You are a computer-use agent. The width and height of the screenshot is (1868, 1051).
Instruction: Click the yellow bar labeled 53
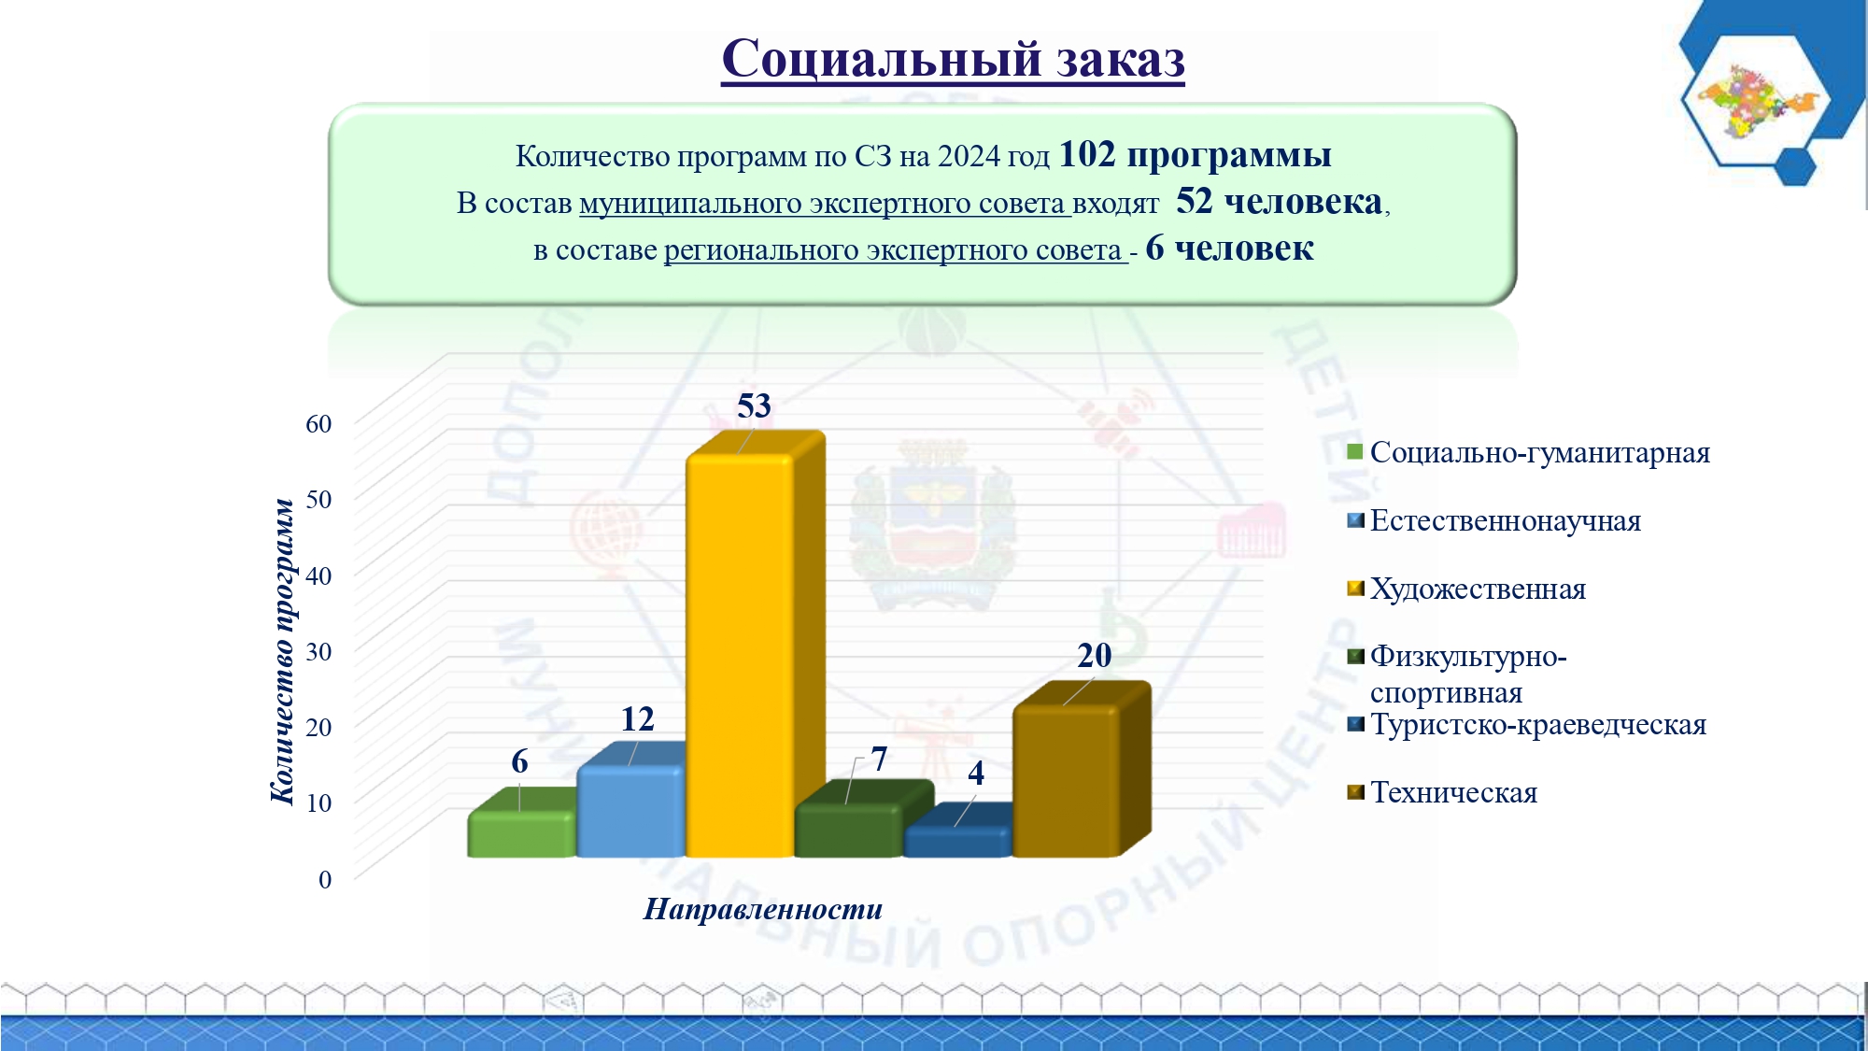(755, 645)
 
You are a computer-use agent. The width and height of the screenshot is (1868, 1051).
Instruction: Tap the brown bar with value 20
(1082, 770)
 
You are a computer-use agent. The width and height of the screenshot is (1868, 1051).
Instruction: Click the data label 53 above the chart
(754, 405)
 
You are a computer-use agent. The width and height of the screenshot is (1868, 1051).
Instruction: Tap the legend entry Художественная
(1478, 589)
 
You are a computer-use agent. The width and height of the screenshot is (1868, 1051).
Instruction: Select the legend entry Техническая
(1453, 793)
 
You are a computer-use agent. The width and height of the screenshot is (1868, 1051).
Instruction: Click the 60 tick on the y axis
(318, 423)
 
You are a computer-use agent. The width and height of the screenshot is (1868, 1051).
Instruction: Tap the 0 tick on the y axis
(325, 879)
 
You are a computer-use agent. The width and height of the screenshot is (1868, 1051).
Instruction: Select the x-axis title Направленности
(763, 909)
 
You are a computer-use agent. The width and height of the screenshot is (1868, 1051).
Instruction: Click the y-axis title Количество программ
(282, 651)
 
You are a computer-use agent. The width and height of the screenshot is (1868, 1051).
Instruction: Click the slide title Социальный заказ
(953, 59)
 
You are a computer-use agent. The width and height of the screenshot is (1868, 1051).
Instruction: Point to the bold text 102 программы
(1196, 154)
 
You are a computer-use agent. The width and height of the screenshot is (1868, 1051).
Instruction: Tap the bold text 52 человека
(1279, 201)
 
